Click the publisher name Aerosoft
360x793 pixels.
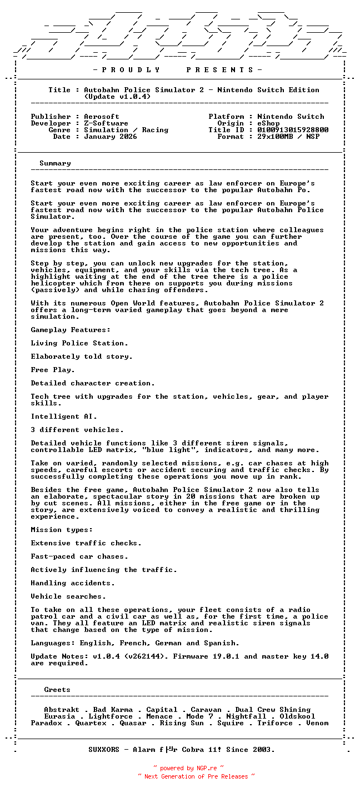tap(102, 117)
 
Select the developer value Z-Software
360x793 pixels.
tap(106, 123)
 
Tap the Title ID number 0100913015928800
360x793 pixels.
tap(293, 130)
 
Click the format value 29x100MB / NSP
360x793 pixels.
tap(288, 137)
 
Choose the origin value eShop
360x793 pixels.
tap(268, 123)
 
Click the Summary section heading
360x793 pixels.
tap(55, 163)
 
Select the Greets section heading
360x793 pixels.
tap(57, 690)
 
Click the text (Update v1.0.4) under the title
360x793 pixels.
tap(117, 97)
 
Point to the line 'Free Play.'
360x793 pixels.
tap(53, 370)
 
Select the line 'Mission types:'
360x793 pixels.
tap(62, 530)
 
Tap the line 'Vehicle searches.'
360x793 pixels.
tap(68, 596)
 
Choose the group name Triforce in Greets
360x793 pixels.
tap(275, 723)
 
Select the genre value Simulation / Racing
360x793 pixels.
tap(126, 130)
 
